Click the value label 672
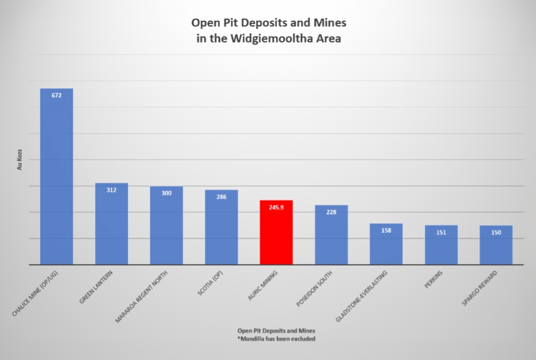coord(56,95)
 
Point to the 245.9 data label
coord(276,207)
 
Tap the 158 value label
coord(386,230)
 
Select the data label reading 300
coord(166,193)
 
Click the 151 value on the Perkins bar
coord(441,232)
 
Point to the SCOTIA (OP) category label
coord(209,289)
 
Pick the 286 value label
coord(221,197)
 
